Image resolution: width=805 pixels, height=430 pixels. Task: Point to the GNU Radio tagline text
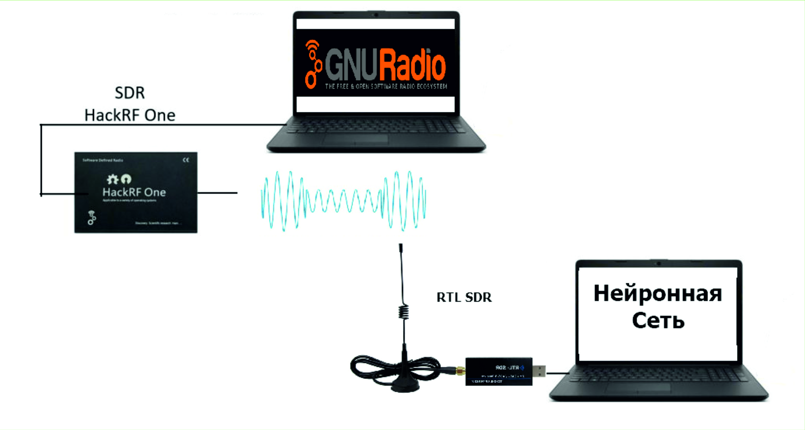tap(386, 87)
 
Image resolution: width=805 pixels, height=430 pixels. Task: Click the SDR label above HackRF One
tap(130, 93)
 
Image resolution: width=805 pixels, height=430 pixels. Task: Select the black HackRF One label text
tap(130, 116)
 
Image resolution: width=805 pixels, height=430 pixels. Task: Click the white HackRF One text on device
tap(134, 192)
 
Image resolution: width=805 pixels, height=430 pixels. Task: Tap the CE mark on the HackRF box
tap(186, 160)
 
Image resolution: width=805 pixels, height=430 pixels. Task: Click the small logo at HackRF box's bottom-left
tap(92, 218)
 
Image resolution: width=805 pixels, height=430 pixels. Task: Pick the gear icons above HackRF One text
tap(119, 179)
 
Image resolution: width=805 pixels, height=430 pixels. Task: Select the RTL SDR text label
tap(464, 297)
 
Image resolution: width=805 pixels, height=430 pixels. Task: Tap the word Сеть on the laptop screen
tap(658, 320)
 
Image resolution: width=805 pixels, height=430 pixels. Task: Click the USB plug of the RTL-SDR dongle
tap(539, 371)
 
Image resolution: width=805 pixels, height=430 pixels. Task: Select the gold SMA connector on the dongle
tap(460, 371)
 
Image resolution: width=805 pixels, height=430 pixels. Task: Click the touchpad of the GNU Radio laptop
tap(355, 139)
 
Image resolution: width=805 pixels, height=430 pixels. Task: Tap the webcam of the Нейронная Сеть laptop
tap(658, 264)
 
